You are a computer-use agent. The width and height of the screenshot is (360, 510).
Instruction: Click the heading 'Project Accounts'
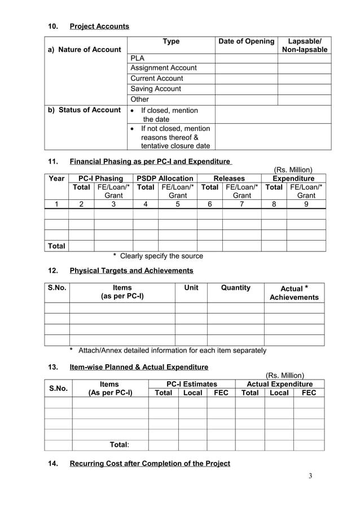tap(99, 27)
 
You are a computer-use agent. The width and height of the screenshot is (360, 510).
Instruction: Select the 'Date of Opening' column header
tap(246, 41)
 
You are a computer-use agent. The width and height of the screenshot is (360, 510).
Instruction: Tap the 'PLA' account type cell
tap(137, 58)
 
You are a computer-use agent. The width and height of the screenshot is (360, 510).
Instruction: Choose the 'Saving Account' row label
tap(156, 89)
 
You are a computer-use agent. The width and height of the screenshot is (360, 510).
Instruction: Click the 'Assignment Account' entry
tap(164, 68)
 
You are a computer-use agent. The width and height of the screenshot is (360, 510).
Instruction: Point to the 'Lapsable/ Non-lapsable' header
tap(305, 46)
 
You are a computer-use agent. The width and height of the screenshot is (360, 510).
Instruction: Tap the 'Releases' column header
tap(229, 178)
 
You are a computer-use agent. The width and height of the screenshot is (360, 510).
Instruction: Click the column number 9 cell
tap(306, 205)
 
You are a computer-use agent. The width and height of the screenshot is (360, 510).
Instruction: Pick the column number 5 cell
tap(178, 205)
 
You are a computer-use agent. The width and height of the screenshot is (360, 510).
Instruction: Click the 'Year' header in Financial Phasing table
tap(56, 178)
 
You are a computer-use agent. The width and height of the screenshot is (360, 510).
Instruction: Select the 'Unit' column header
tap(191, 287)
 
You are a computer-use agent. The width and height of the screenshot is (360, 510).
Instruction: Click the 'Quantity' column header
tap(235, 287)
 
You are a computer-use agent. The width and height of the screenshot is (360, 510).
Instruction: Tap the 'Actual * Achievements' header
tap(293, 293)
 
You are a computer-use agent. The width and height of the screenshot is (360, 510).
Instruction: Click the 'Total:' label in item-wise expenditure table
tap(119, 445)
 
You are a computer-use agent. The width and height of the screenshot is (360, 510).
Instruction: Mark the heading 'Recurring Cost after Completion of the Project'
tap(150, 464)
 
